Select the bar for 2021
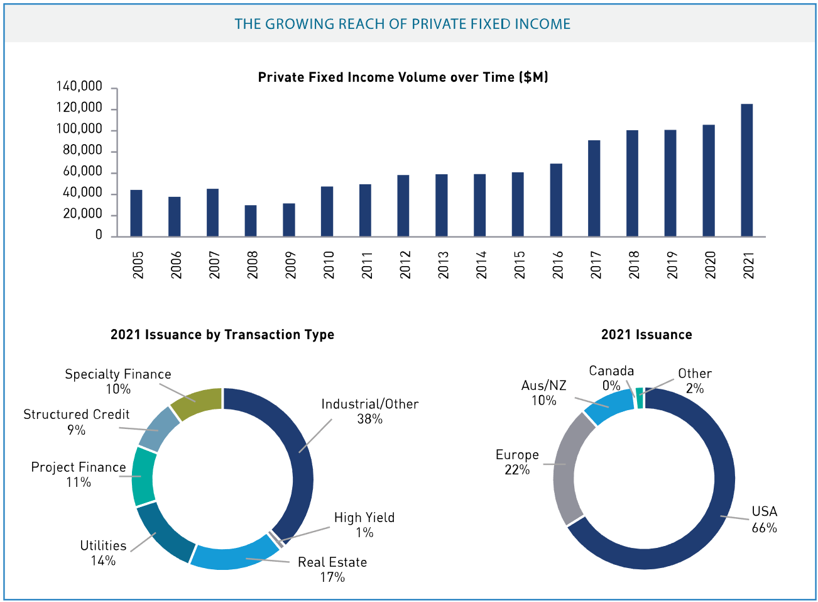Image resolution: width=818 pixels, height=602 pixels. (x=746, y=170)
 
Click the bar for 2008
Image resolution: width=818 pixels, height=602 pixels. (x=251, y=221)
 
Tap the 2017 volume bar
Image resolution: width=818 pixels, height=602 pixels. (x=594, y=188)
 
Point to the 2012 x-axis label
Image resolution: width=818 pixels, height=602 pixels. (x=405, y=265)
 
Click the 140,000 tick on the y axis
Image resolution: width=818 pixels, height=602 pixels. (x=80, y=87)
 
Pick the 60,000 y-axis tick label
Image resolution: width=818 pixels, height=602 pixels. (x=82, y=172)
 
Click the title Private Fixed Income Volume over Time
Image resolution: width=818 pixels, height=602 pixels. (x=403, y=77)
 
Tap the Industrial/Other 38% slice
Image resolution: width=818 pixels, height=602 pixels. (x=302, y=453)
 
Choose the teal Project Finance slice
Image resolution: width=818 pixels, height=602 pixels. (x=143, y=476)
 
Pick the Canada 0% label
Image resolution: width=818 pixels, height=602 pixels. (x=611, y=378)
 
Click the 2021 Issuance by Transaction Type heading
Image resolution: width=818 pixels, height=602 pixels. (x=222, y=335)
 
